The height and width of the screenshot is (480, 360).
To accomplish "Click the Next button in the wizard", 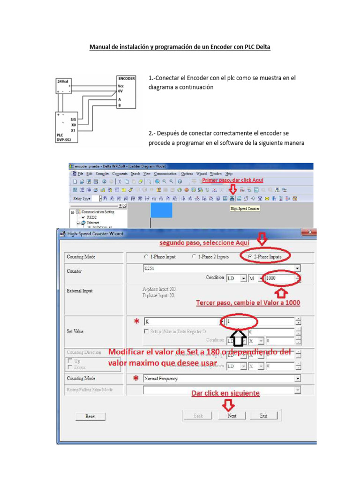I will click(232, 416).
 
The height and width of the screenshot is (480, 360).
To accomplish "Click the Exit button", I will click(263, 416).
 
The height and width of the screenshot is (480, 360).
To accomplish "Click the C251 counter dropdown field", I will click(221, 268).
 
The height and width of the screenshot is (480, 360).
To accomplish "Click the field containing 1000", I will click(280, 278).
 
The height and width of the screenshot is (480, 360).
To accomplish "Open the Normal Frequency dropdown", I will click(221, 378).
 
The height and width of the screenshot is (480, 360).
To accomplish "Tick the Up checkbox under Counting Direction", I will click(70, 361).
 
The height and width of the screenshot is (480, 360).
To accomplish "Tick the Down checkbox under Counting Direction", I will click(70, 367).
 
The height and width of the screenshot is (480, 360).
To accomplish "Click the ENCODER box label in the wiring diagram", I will click(127, 79).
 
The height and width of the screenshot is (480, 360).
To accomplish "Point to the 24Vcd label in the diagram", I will click(63, 81).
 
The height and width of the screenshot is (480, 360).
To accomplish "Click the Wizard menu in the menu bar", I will click(201, 174).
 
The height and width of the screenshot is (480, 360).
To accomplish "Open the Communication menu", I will click(166, 174).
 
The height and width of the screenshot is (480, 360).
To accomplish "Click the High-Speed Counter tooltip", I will click(245, 209).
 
